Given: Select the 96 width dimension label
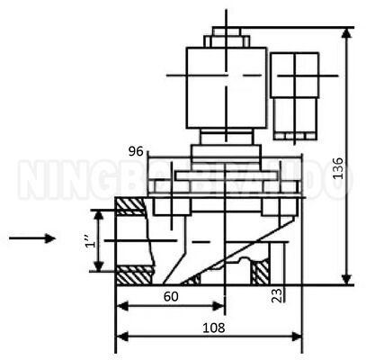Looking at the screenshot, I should [x=136, y=150].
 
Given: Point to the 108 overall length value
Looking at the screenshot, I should [x=212, y=328].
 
